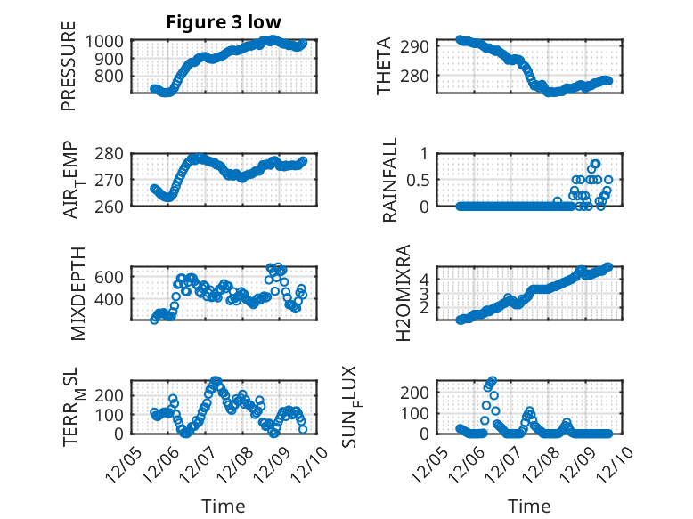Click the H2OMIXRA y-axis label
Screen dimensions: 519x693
404,293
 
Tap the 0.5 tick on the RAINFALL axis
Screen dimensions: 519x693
418,180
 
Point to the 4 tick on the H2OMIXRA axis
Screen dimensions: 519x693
425,278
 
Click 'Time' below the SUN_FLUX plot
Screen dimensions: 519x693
530,506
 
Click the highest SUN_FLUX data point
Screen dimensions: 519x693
493,380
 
